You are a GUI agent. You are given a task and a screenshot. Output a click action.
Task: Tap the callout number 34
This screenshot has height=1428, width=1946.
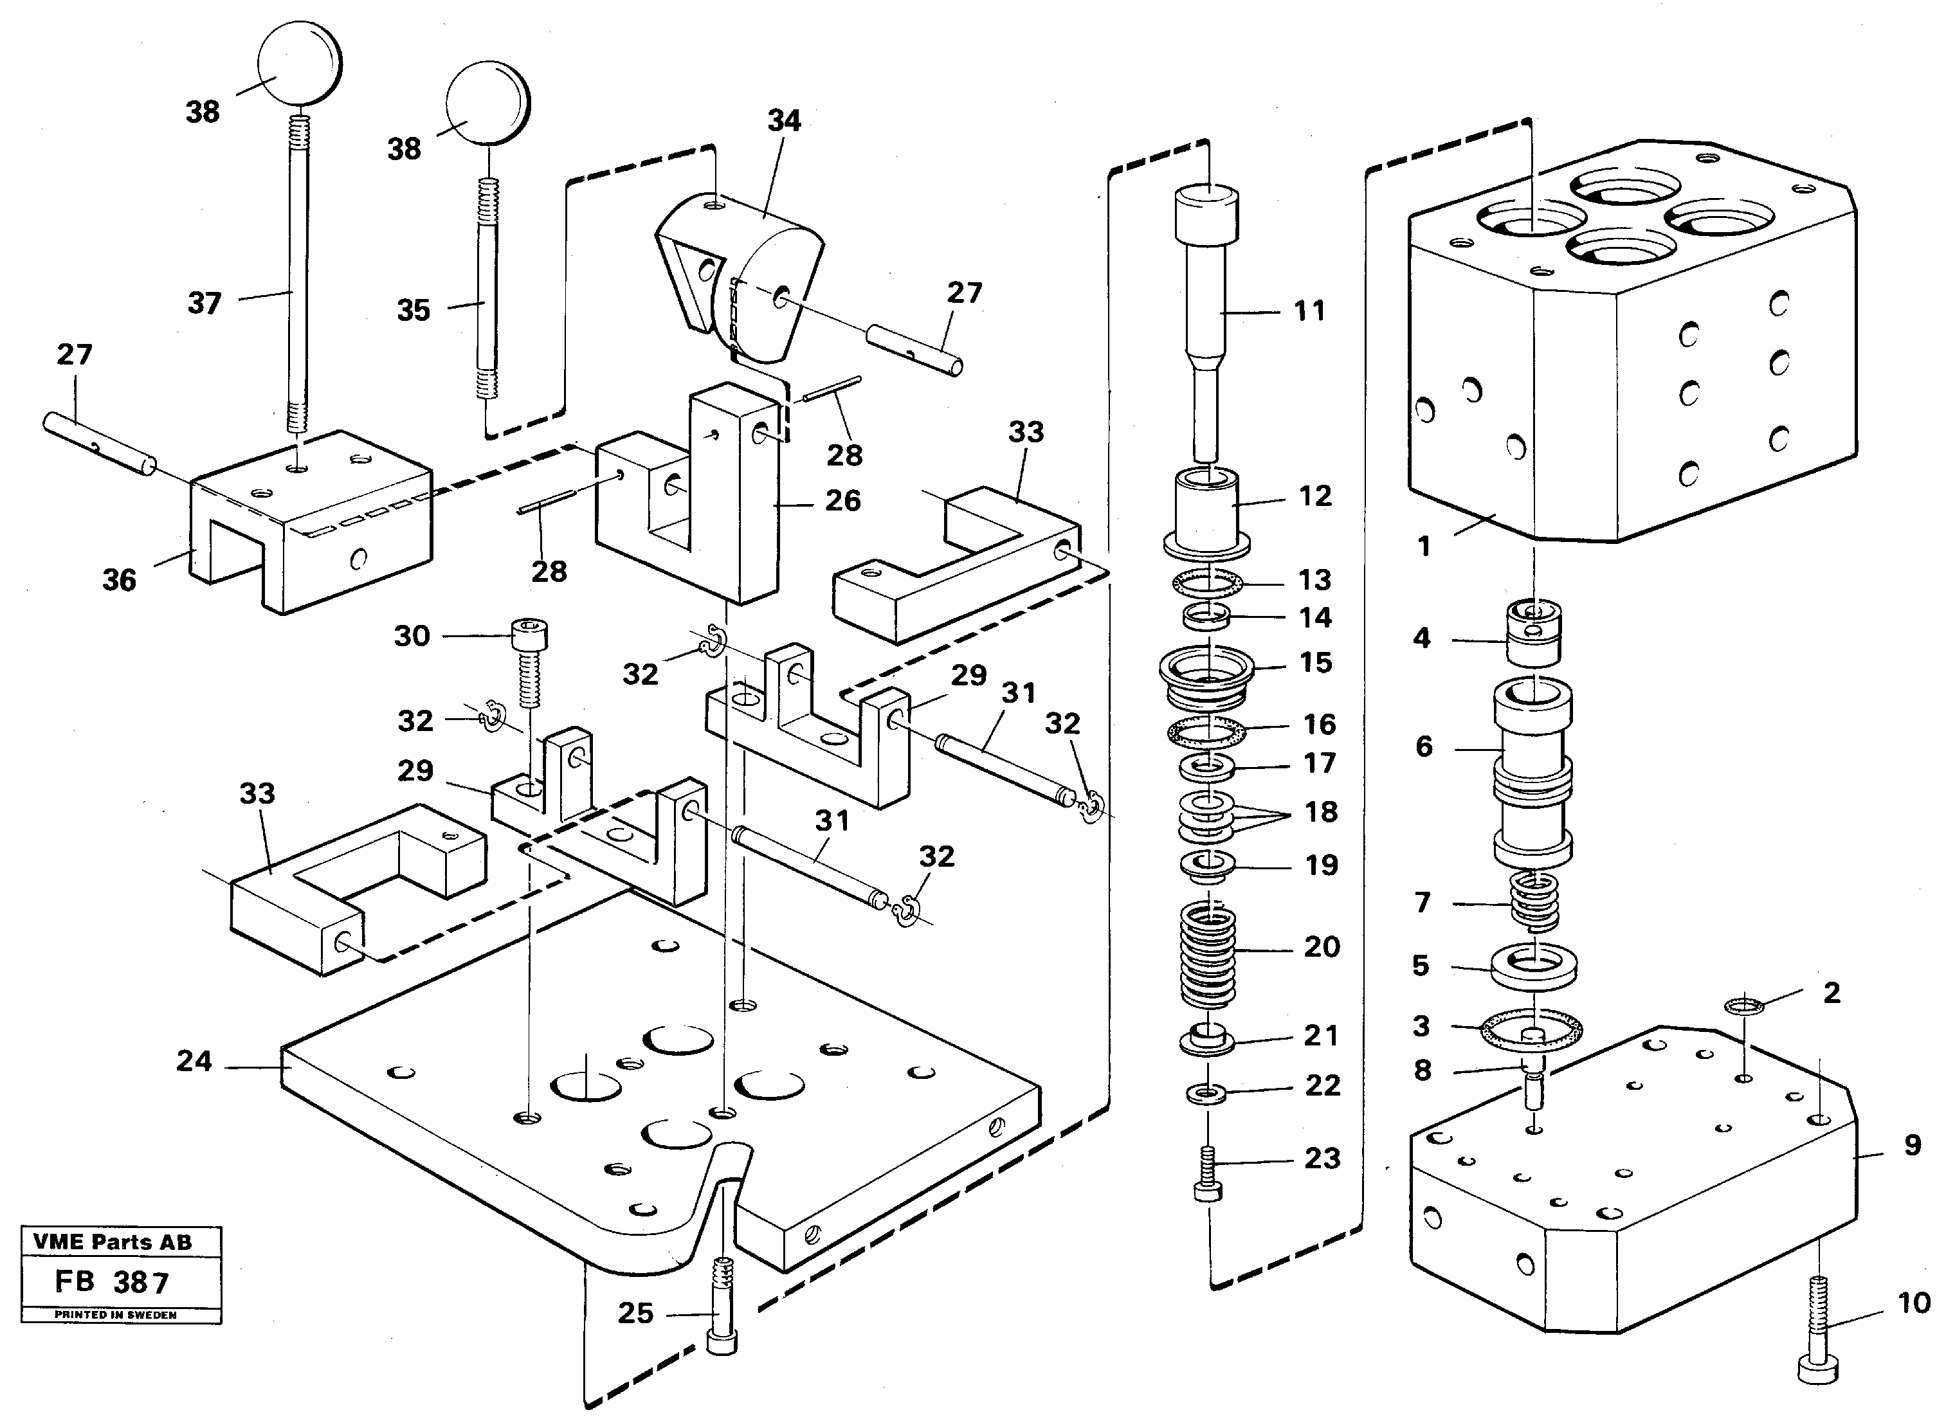[783, 121]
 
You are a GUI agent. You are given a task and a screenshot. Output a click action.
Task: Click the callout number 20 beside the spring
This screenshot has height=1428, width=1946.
[1321, 946]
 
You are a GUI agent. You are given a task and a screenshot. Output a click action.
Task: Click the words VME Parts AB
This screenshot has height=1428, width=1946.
[113, 1242]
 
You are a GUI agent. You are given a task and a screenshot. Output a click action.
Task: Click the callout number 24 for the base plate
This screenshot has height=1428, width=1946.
[194, 1062]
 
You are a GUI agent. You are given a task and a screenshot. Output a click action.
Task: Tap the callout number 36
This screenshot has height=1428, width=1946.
[120, 580]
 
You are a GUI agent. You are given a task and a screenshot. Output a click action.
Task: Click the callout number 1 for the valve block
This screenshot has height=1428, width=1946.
[1424, 547]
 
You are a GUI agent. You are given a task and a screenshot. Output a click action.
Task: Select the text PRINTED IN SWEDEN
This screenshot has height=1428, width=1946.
[115, 1315]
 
